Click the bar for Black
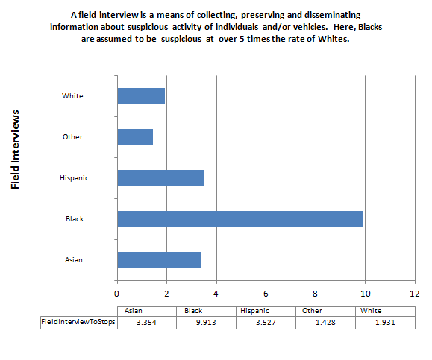[x=240, y=219]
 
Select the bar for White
[x=141, y=96]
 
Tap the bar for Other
[x=135, y=137]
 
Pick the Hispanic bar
[x=160, y=178]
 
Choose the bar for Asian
[x=158, y=259]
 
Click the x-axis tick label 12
[x=414, y=294]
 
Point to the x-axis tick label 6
[x=266, y=294]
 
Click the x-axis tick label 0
[x=117, y=294]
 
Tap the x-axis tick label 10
[x=365, y=294]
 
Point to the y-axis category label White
[x=73, y=96]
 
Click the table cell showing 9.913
[x=205, y=322]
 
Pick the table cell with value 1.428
[x=325, y=322]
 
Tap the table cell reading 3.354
[x=145, y=322]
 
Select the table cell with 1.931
[x=384, y=322]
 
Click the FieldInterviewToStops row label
[x=78, y=322]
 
